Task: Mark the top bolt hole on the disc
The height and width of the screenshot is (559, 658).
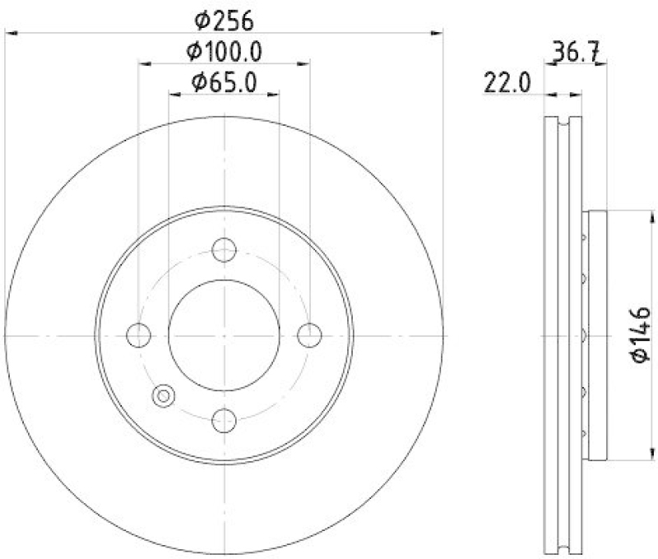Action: [224, 250]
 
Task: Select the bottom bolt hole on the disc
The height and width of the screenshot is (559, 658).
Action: [224, 420]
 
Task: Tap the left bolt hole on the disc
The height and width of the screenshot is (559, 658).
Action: [139, 335]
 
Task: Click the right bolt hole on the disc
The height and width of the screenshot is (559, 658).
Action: [308, 335]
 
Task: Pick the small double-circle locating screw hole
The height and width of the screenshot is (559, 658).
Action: [163, 396]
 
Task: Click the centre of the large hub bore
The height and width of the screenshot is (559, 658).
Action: [224, 335]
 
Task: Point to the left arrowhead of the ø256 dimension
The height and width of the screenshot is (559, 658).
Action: [10, 33]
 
